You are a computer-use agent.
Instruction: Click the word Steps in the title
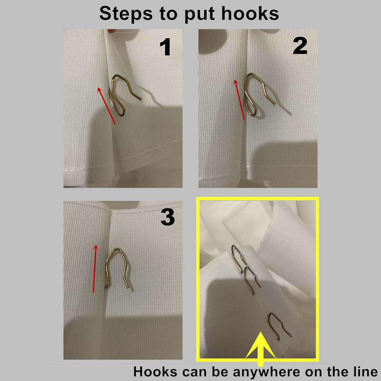tap(126, 14)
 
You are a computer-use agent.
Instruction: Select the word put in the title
tap(200, 15)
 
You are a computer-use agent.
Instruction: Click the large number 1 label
tap(165, 47)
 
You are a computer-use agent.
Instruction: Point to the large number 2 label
tap(300, 46)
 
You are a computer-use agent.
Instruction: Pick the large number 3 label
tap(168, 217)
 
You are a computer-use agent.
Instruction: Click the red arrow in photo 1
tap(106, 106)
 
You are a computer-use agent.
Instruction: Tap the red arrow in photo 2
tap(239, 100)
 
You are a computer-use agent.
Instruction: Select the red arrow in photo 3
tap(95, 269)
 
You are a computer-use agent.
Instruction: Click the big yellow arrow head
tap(260, 345)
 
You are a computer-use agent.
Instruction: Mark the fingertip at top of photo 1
tap(112, 31)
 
